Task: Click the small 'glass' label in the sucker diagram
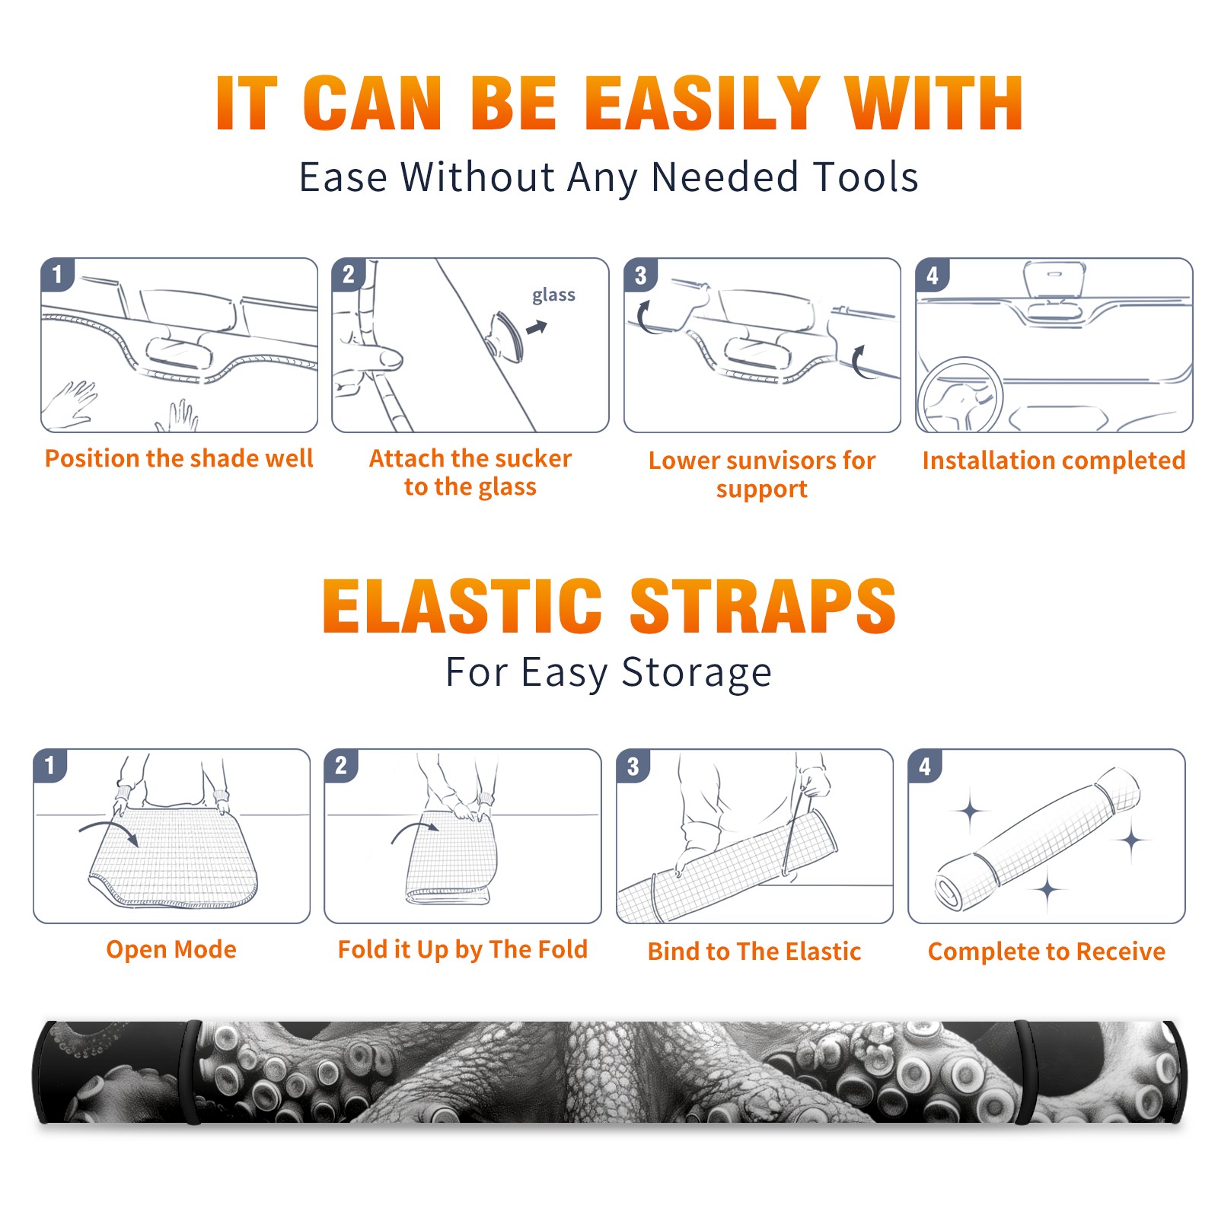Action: click(x=553, y=295)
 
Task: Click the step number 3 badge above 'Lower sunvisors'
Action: click(x=640, y=275)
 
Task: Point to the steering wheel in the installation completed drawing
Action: click(x=960, y=396)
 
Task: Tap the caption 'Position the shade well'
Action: click(x=179, y=458)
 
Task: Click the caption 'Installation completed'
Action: click(x=1054, y=460)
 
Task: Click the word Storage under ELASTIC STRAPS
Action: click(x=697, y=673)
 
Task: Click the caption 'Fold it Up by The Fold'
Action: click(x=463, y=949)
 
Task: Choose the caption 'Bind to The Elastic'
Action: click(x=754, y=952)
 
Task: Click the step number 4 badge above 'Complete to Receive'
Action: click(x=925, y=766)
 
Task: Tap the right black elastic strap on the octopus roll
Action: click(x=1024, y=1072)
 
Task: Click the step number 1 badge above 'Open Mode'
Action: click(x=50, y=766)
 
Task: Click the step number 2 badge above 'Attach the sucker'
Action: click(x=349, y=275)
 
